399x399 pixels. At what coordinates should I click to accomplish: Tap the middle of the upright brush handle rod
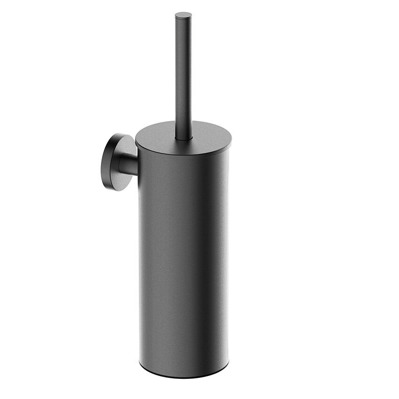tap(184, 75)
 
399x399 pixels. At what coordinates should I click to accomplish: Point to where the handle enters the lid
tap(184, 137)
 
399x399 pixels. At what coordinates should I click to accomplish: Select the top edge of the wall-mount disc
tap(117, 134)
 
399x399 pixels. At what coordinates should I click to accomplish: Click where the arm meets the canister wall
tap(138, 165)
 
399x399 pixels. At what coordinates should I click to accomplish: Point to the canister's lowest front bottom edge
tap(184, 375)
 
